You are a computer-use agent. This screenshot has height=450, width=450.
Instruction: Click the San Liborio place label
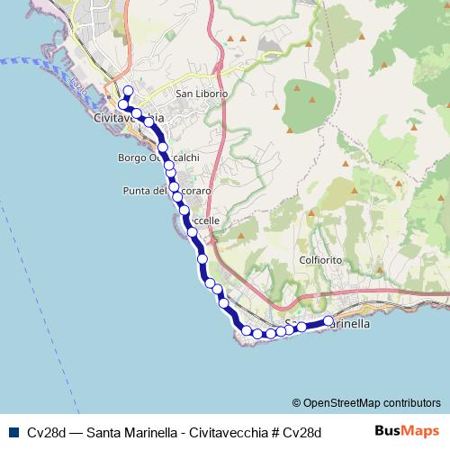pyautogui.click(x=202, y=93)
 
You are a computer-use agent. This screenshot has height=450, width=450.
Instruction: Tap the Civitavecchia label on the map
pyautogui.click(x=129, y=118)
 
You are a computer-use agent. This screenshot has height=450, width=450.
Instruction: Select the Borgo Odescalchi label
pyautogui.click(x=157, y=157)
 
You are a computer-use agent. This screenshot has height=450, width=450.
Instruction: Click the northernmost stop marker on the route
pyautogui.click(x=128, y=90)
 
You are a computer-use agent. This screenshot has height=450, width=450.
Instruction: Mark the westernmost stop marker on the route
pyautogui.click(x=122, y=106)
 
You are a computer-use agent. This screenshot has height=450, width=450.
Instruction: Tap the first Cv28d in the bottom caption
pyautogui.click(x=44, y=432)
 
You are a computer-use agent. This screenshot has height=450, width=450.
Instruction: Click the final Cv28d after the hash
pyautogui.click(x=301, y=432)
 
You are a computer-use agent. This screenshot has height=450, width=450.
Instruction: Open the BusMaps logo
pyautogui.click(x=406, y=431)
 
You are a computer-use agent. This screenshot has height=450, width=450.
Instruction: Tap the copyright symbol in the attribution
pyautogui.click(x=297, y=402)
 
